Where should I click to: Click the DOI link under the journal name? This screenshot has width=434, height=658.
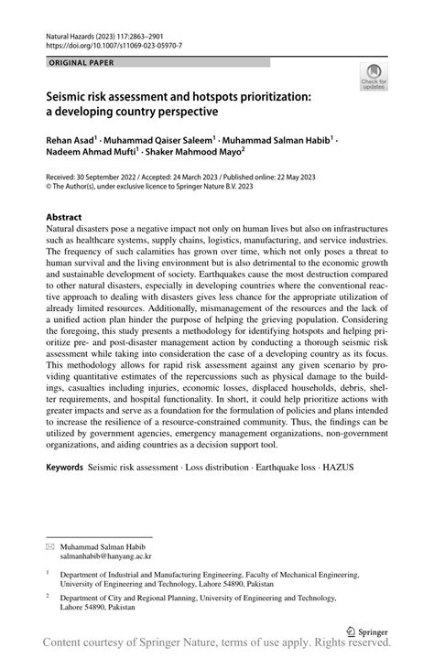(112, 43)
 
